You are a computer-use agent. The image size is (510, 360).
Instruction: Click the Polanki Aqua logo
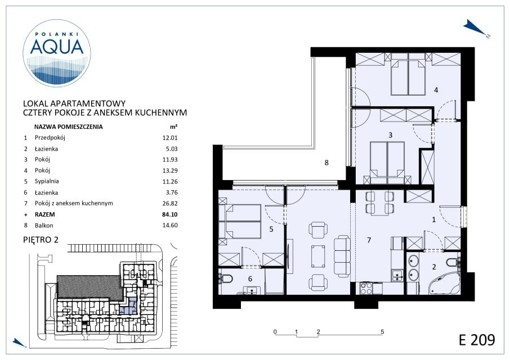point(57,53)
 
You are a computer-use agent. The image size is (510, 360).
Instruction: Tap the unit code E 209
point(477,340)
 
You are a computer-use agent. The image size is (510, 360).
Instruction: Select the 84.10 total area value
point(170,214)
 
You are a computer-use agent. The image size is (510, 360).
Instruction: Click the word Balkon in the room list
point(44,226)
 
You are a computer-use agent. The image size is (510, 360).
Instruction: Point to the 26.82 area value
point(170,204)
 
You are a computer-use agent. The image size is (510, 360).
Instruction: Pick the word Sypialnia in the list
point(47,181)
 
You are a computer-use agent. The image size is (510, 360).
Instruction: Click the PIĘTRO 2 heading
point(41,240)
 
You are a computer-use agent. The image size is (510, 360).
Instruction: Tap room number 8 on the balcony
point(326,163)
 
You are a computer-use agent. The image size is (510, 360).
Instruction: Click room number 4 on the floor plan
point(436,89)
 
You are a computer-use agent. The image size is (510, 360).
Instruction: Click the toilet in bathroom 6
point(226,278)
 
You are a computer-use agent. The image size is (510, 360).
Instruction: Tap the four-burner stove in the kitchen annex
point(366,288)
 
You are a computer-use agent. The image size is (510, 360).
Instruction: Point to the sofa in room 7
point(342,256)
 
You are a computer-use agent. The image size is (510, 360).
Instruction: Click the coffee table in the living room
point(318,256)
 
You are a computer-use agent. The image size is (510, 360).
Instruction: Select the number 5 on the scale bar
point(382,332)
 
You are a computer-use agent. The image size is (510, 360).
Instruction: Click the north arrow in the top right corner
point(476,29)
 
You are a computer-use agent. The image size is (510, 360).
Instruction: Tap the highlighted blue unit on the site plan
point(129,307)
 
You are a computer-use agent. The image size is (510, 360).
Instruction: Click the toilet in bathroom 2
point(453,262)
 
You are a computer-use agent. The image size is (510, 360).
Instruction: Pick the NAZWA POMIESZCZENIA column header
point(68,127)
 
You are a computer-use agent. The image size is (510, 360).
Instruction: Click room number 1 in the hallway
point(433,219)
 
